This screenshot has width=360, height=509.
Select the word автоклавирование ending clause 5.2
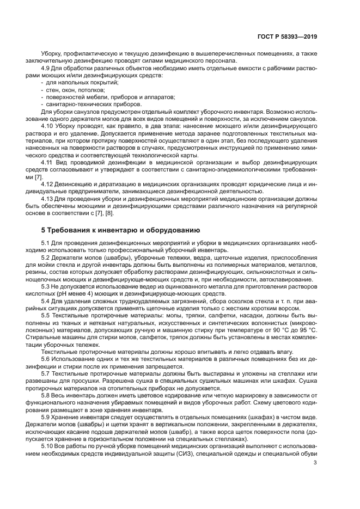284,279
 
